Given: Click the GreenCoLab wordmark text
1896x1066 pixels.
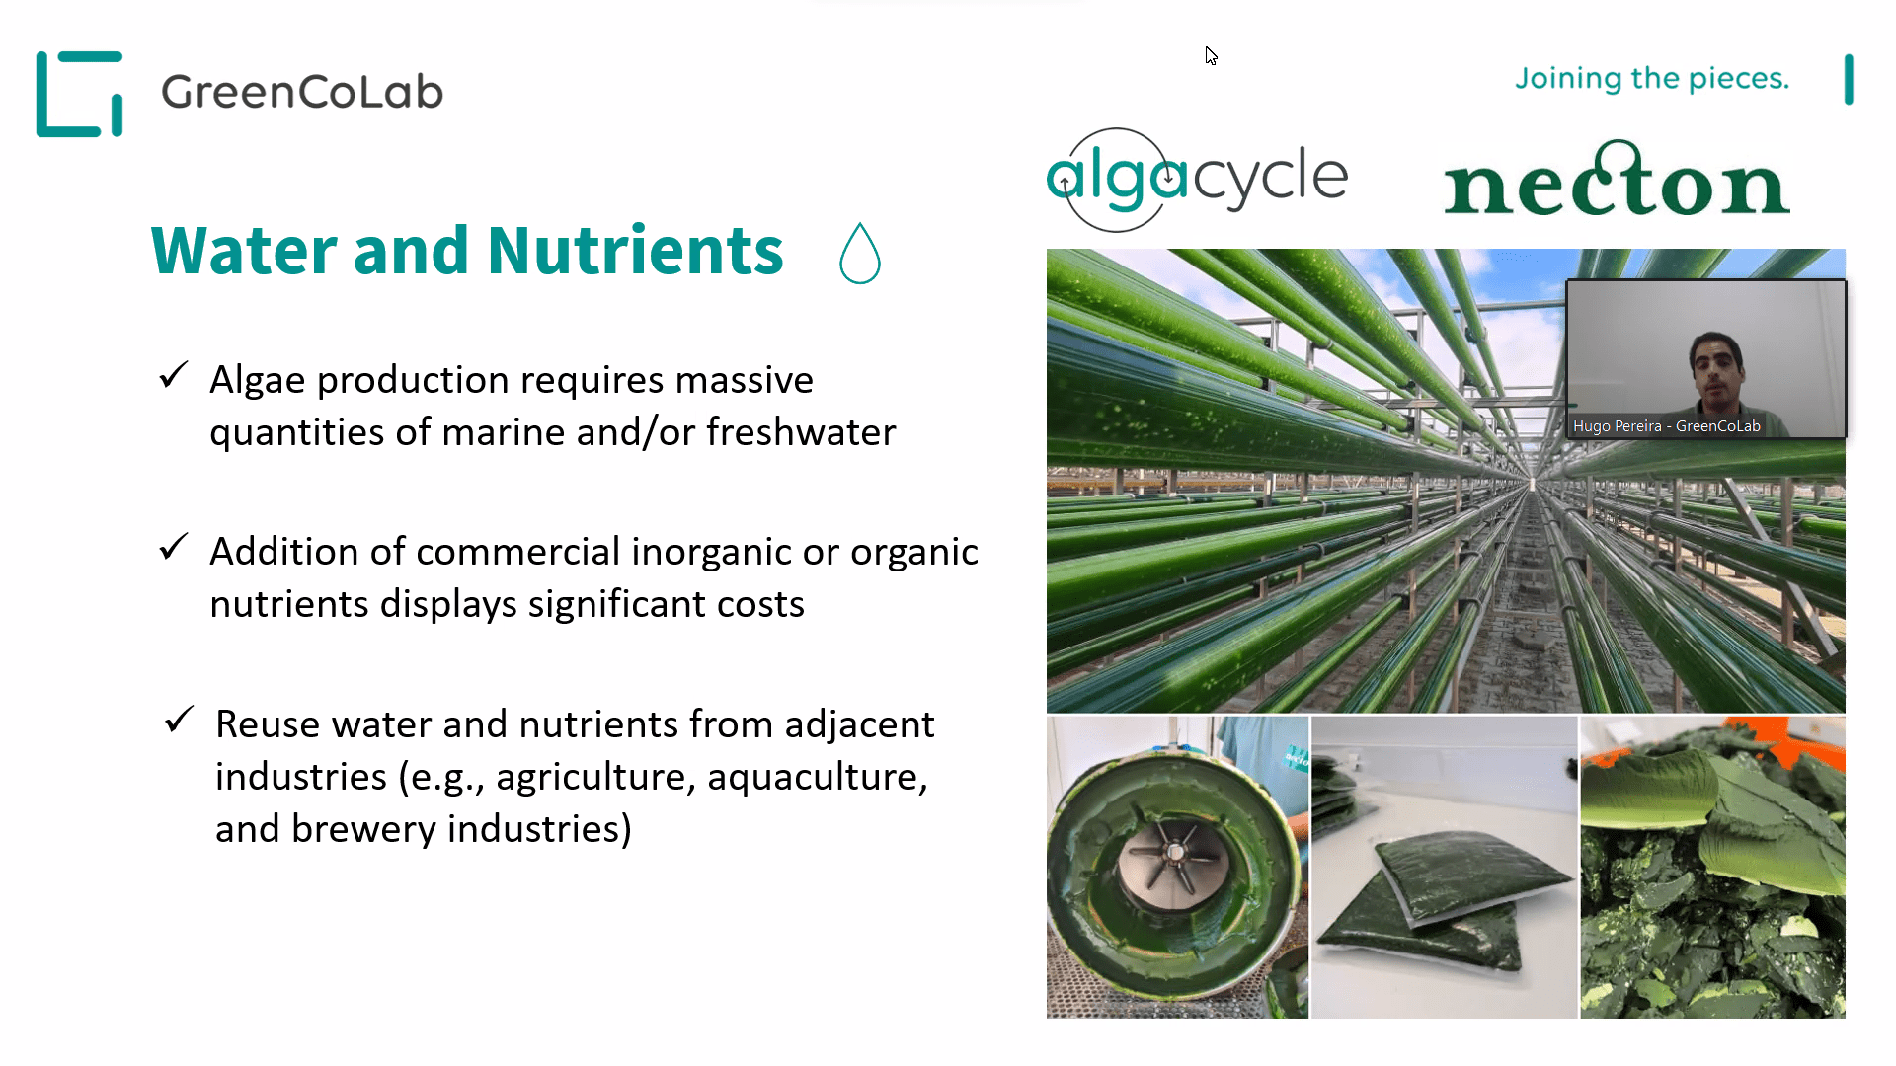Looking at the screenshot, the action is coord(302,92).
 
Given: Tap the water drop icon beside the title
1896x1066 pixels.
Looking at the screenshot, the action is coord(859,254).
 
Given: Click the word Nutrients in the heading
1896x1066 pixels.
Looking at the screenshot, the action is coord(635,251).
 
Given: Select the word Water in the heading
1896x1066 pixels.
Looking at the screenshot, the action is coord(246,251).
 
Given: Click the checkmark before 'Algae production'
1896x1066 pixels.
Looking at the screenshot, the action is coord(174,375).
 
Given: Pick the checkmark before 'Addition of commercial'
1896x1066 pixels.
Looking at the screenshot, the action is coord(174,547).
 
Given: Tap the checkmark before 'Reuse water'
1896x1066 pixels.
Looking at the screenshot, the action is coord(180,720).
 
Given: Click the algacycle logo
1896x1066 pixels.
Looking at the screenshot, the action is coord(1197,180).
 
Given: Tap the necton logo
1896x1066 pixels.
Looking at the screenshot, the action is coord(1617,179).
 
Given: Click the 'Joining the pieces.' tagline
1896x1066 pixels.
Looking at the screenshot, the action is coord(1652,78).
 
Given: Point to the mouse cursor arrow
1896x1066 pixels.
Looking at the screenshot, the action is coord(1211,55).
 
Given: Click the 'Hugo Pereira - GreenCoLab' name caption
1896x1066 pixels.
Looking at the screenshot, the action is coord(1667,426).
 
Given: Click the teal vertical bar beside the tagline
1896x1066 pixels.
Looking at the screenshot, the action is coord(1849,79).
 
